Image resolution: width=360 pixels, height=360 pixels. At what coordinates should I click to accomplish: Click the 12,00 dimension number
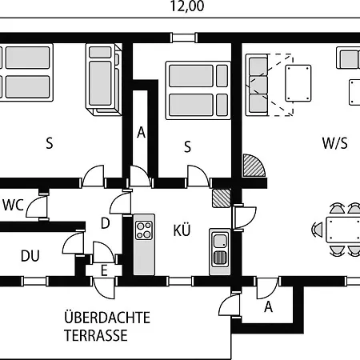click(x=187, y=6)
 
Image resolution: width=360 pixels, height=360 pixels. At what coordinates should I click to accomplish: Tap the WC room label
click(x=14, y=205)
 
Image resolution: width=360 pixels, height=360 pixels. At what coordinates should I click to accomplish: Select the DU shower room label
click(x=30, y=256)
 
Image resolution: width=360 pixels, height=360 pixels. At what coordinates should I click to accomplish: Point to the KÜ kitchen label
click(x=182, y=230)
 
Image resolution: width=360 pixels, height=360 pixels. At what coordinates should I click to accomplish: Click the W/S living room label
click(x=335, y=143)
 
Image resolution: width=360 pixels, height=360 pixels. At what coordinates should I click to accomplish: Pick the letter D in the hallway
click(x=106, y=223)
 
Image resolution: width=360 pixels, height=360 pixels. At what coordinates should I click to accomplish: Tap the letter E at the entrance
click(x=104, y=270)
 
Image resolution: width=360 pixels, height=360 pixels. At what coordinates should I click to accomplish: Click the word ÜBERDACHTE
click(x=107, y=317)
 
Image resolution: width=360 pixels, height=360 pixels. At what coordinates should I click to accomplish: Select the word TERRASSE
click(x=96, y=335)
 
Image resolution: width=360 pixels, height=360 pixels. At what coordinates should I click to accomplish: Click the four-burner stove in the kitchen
click(x=144, y=230)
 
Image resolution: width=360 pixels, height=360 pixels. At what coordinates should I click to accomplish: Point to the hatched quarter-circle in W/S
click(x=253, y=166)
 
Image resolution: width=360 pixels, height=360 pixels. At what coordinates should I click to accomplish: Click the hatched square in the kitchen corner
click(x=222, y=198)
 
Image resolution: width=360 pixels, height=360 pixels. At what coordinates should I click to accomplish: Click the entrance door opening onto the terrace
click(x=103, y=289)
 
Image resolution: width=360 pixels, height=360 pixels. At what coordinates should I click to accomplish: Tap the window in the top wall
click(x=184, y=38)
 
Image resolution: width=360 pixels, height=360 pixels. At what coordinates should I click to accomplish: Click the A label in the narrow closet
click(x=141, y=132)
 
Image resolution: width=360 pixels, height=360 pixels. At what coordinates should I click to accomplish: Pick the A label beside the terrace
click(x=269, y=306)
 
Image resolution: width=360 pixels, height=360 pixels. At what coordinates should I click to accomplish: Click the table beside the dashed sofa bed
click(x=298, y=83)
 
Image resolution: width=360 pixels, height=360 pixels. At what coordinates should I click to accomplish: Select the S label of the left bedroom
click(x=50, y=143)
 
